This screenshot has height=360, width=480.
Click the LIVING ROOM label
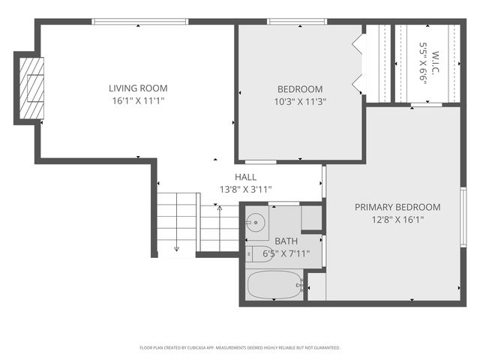pos(138,88)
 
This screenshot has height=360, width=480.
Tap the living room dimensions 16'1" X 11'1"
pos(138,100)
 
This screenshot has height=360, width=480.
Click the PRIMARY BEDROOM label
pos(397,207)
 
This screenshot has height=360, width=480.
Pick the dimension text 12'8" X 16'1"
pos(397,220)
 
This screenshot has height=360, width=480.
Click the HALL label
pos(245,177)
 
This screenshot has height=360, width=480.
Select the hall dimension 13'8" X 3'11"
pos(245,190)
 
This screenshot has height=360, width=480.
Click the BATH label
pos(286,241)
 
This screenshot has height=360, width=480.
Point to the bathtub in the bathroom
pos(275,285)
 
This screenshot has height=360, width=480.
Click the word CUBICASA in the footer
pos(205,348)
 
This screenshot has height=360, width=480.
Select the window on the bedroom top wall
pos(291,22)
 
